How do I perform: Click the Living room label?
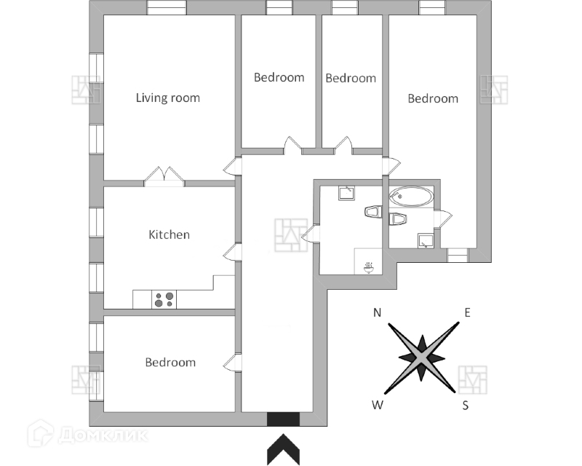point(168,98)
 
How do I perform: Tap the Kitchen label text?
point(169,234)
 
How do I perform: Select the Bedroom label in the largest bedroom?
point(433,98)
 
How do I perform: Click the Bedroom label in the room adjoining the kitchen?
point(170,362)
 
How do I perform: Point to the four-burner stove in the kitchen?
point(164,299)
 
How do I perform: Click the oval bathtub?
point(410,196)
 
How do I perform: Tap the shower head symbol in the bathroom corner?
point(370,267)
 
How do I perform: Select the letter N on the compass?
point(378,313)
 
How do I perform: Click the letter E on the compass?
point(468,313)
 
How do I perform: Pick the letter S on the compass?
point(466,406)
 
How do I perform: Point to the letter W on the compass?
point(377,406)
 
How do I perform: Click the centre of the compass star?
point(422,358)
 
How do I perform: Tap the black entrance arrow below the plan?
point(283,449)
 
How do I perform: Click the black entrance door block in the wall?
point(283,419)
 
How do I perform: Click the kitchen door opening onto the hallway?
point(231,252)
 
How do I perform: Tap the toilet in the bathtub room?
point(399,218)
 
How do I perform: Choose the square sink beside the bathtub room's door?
point(426,241)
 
